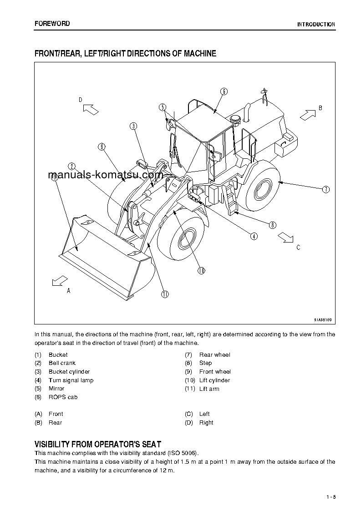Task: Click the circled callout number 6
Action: click(224, 91)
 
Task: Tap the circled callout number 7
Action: click(326, 190)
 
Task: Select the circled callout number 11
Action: click(165, 294)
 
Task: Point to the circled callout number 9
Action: click(101, 147)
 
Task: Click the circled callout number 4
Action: click(254, 236)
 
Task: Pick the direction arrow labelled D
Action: click(91, 109)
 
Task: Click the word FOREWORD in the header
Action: click(52, 24)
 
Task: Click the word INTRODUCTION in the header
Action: click(316, 25)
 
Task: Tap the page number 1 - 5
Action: click(330, 496)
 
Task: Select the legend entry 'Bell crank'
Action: click(62, 363)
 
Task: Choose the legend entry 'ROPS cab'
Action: click(63, 397)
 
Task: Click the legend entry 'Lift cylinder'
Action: click(214, 380)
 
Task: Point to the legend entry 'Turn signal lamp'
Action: click(71, 380)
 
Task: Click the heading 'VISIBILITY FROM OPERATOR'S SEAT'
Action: click(98, 444)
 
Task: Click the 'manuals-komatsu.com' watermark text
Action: click(105, 175)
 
